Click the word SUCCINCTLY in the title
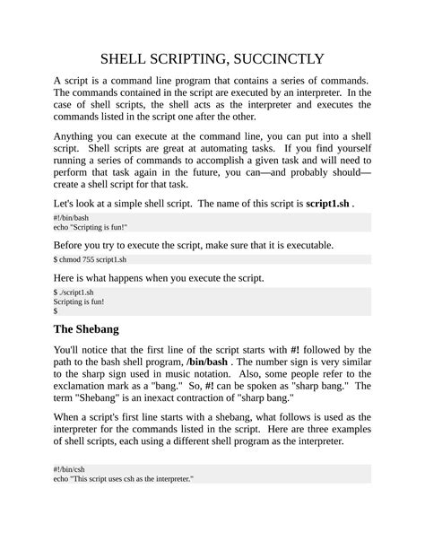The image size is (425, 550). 278,60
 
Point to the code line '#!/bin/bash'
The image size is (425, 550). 71,218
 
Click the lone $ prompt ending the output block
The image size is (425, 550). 56,312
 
